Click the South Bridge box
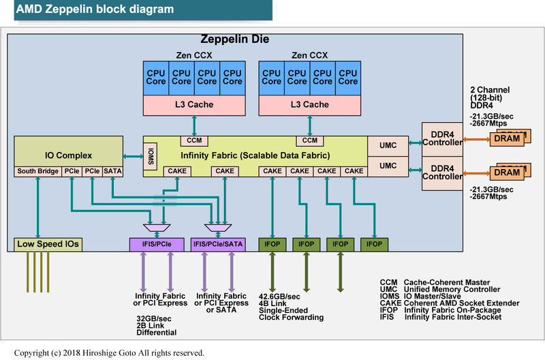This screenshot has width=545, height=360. tap(38, 171)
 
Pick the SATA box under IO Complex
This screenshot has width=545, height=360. tap(112, 171)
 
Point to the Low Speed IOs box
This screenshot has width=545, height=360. tap(48, 244)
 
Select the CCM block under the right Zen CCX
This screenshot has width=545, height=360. tap(310, 140)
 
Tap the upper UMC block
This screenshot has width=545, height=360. tap(388, 145)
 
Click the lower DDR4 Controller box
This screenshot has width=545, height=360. tap(441, 171)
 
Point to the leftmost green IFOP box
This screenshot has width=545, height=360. tap(272, 243)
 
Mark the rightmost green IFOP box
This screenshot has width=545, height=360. tap(374, 243)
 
